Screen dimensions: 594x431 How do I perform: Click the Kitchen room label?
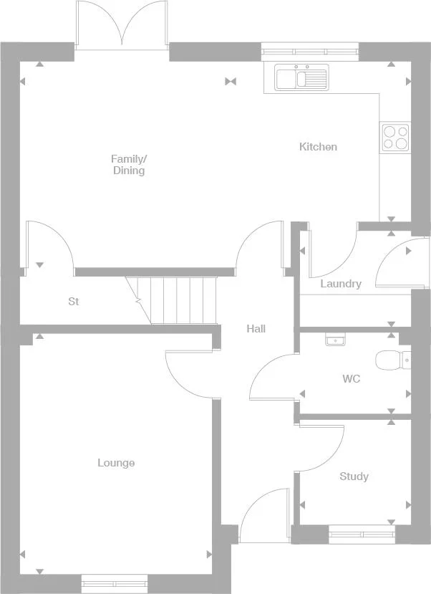pyautogui.click(x=318, y=147)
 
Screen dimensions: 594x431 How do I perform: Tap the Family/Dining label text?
pyautogui.click(x=129, y=165)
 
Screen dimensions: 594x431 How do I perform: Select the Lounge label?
pyautogui.click(x=116, y=463)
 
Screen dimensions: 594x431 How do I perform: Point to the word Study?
pyautogui.click(x=354, y=476)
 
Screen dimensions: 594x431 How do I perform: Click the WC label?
pyautogui.click(x=351, y=378)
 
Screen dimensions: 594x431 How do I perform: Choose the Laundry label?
pyautogui.click(x=341, y=284)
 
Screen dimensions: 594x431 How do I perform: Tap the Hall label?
pyautogui.click(x=256, y=329)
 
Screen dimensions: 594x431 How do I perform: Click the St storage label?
pyautogui.click(x=73, y=302)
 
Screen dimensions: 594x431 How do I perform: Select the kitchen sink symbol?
pyautogui.click(x=301, y=77)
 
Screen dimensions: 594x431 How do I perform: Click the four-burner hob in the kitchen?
pyautogui.click(x=395, y=137)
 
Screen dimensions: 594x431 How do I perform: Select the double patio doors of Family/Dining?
pyautogui.click(x=122, y=25)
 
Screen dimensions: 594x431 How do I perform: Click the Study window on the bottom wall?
pyautogui.click(x=362, y=534)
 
